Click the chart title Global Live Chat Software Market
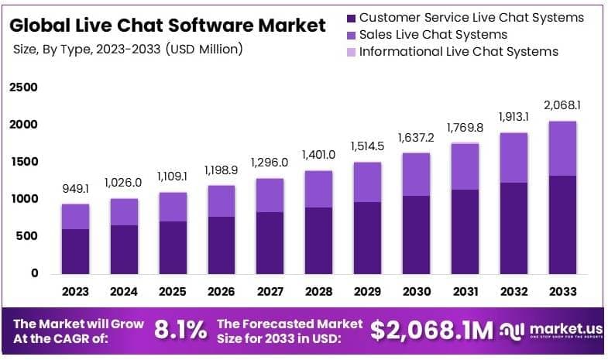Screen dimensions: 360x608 click(167, 25)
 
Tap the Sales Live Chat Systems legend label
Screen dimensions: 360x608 click(434, 34)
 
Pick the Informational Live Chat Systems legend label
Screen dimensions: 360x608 click(459, 52)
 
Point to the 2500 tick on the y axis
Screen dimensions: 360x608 click(23, 87)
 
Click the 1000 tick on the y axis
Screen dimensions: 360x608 click(23, 199)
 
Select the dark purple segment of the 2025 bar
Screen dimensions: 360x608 click(172, 248)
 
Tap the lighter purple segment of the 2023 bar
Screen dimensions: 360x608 click(76, 217)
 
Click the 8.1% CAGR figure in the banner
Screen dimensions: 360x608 click(180, 331)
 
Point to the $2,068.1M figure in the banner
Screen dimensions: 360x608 click(431, 331)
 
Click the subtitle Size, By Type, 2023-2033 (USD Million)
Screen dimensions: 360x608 click(129, 50)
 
